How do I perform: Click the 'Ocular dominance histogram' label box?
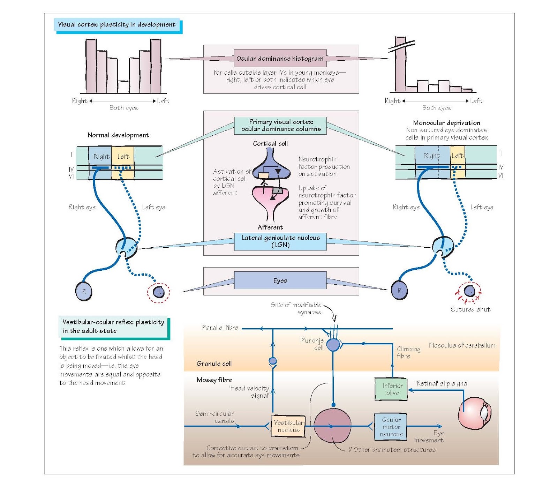click(x=280, y=58)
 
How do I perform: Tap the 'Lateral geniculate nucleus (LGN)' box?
click(x=280, y=241)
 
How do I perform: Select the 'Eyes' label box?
click(x=280, y=280)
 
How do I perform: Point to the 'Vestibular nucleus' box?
click(x=288, y=426)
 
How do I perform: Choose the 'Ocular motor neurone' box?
click(x=391, y=427)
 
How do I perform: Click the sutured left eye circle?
click(x=470, y=291)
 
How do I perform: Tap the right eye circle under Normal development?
click(x=84, y=291)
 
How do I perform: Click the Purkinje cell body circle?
click(x=333, y=345)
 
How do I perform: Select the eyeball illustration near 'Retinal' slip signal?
click(x=475, y=413)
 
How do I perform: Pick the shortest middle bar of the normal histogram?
click(x=123, y=87)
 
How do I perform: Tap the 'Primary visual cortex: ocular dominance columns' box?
click(x=280, y=126)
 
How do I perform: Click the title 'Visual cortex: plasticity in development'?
click(x=117, y=24)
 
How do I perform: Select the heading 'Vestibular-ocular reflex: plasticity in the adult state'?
click(x=113, y=326)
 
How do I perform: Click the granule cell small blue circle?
click(x=273, y=361)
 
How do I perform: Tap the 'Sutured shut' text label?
click(x=470, y=309)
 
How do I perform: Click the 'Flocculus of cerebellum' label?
click(x=462, y=345)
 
